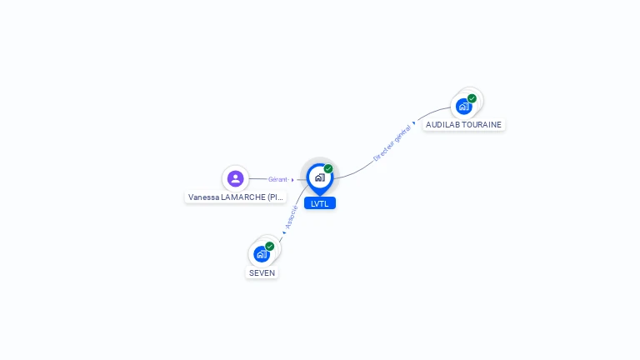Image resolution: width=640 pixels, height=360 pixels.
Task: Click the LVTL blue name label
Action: pyautogui.click(x=320, y=203)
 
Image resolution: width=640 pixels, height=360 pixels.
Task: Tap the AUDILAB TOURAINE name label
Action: pyautogui.click(x=463, y=125)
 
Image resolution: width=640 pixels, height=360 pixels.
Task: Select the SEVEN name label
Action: pyautogui.click(x=262, y=273)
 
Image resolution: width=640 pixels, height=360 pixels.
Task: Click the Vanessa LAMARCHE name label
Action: pyautogui.click(x=236, y=197)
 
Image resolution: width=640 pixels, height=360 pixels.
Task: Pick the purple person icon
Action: pyautogui.click(x=236, y=178)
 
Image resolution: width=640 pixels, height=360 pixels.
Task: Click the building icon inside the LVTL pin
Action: pyautogui.click(x=320, y=177)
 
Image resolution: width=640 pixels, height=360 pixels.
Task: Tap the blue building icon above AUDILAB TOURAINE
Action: pyautogui.click(x=463, y=107)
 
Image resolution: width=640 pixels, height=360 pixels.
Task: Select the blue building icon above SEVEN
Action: pyautogui.click(x=262, y=254)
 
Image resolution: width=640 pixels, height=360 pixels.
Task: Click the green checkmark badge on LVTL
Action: pyautogui.click(x=328, y=168)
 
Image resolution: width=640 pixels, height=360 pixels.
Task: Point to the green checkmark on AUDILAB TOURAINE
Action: pyautogui.click(x=472, y=98)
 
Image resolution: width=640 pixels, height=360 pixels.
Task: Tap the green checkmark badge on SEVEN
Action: pyautogui.click(x=269, y=246)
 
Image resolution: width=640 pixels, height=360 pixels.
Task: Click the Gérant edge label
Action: pyautogui.click(x=277, y=180)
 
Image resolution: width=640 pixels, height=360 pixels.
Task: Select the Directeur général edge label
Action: pyautogui.click(x=392, y=143)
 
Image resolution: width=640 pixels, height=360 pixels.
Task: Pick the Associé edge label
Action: pyautogui.click(x=292, y=217)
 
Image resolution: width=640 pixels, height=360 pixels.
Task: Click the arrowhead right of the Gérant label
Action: pyautogui.click(x=292, y=180)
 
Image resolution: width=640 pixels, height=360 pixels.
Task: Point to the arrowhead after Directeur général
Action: pyautogui.click(x=414, y=122)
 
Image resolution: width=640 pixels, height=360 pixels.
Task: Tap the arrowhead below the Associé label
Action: pyautogui.click(x=284, y=232)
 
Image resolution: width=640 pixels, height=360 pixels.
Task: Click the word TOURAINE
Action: pyautogui.click(x=482, y=125)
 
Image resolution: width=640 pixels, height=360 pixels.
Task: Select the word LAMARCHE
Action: pyautogui.click(x=243, y=197)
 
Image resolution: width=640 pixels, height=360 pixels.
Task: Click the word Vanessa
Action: pyautogui.click(x=203, y=197)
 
